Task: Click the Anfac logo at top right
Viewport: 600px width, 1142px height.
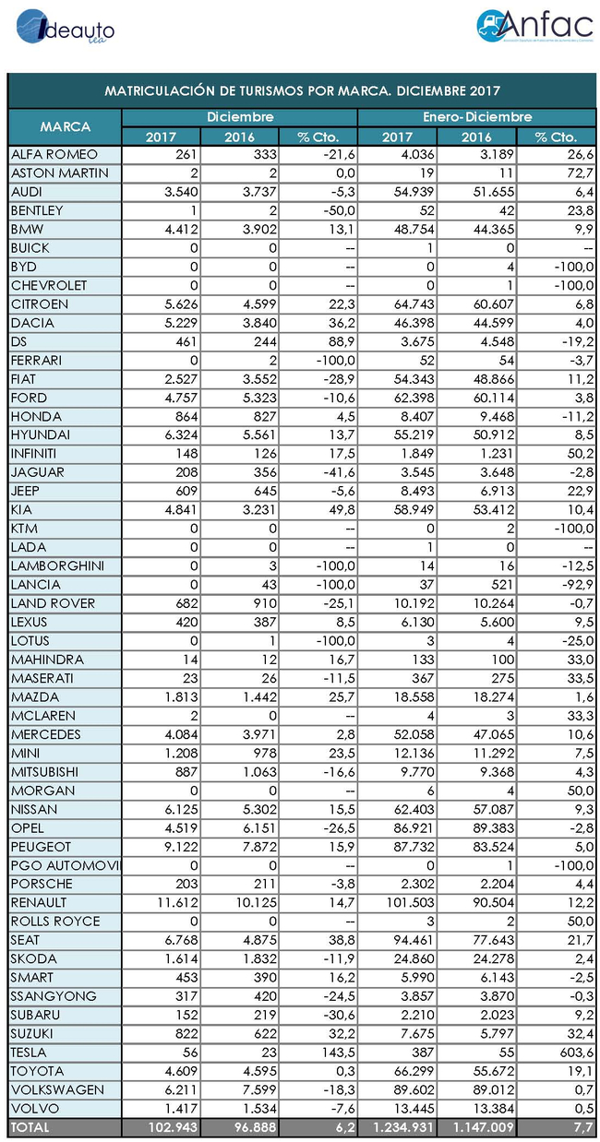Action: (534, 27)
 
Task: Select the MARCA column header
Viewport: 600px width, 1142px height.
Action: (65, 126)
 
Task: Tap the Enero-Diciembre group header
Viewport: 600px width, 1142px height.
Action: (477, 117)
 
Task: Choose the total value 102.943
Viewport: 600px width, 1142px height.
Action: (162, 1126)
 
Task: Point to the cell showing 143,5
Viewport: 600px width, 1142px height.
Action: (319, 1052)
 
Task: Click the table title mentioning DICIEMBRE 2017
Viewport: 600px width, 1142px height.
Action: (302, 91)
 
